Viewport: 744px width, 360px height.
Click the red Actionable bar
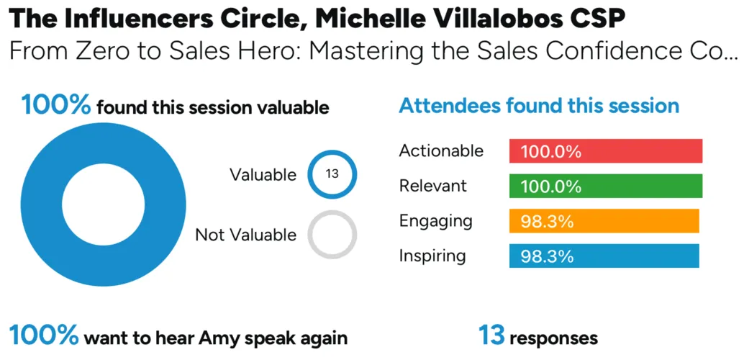coord(605,151)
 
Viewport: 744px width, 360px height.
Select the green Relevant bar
coord(605,186)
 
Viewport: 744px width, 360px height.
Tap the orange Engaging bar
coord(604,221)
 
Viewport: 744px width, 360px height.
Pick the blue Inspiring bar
coord(604,256)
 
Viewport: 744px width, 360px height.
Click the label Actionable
coord(441,150)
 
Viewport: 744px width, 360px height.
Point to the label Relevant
coord(433,186)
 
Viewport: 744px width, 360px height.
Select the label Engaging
coord(435,221)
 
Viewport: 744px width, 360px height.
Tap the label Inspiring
coord(432,256)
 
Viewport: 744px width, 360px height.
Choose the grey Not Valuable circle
coord(332,212)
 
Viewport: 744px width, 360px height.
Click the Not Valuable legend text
coord(246,235)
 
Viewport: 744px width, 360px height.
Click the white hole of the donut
coord(103,204)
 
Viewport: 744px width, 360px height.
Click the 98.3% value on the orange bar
coord(547,221)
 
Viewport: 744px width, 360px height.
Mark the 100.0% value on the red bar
coord(551,151)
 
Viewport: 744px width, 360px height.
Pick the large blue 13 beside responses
coord(491,336)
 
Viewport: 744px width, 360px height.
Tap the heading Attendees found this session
coord(539,105)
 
